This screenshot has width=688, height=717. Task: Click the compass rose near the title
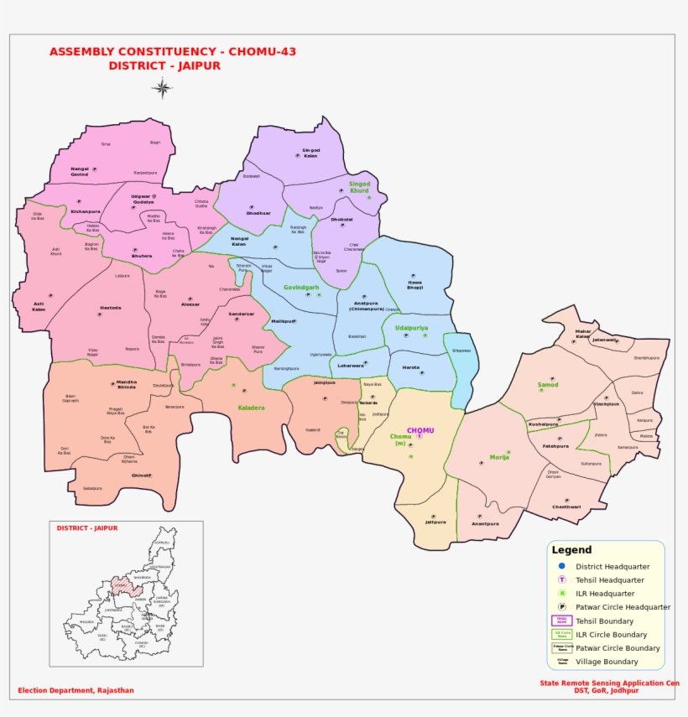[x=163, y=87]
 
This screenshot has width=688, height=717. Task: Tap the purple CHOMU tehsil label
[x=420, y=430]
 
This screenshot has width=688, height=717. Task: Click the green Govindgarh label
[x=301, y=287]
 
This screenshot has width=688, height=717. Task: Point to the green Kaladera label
[x=251, y=408]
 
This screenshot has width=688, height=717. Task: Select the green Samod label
[x=548, y=384]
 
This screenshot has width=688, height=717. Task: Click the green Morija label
[x=499, y=458]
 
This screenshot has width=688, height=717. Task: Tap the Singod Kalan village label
[x=311, y=153]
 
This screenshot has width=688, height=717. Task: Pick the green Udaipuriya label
[x=411, y=328]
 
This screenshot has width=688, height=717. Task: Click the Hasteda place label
[x=111, y=308]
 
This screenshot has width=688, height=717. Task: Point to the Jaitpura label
[x=435, y=522]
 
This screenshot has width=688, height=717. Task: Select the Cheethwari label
[x=566, y=507]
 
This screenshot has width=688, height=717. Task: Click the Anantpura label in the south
[x=485, y=523]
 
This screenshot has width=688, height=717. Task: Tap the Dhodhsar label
[x=258, y=213]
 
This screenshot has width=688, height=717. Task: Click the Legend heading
[x=571, y=550]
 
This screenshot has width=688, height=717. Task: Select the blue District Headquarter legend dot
[x=562, y=566]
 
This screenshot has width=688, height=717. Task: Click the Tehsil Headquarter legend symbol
[x=562, y=579]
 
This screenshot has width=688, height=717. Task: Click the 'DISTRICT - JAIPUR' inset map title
[x=87, y=528]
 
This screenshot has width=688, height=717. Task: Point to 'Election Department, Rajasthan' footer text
[x=76, y=691]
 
